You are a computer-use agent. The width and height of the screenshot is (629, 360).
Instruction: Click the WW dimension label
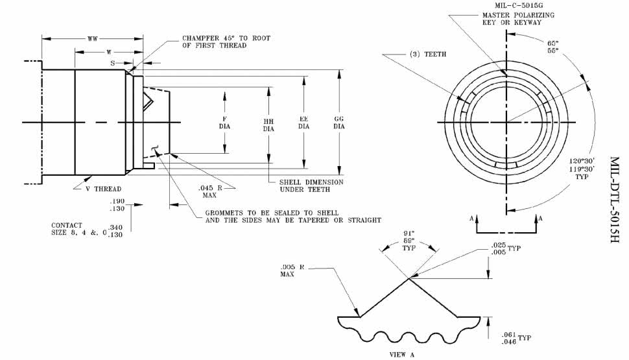pos(93,40)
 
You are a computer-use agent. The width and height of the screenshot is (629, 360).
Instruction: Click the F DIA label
pos(225,123)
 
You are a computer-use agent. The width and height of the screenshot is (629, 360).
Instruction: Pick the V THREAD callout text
pos(104,189)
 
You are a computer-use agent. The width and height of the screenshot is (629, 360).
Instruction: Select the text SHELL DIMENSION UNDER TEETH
pos(311,186)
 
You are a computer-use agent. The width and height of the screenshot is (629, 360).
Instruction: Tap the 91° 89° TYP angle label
pos(409,239)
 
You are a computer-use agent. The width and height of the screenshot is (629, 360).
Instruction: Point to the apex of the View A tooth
pos(409,279)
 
